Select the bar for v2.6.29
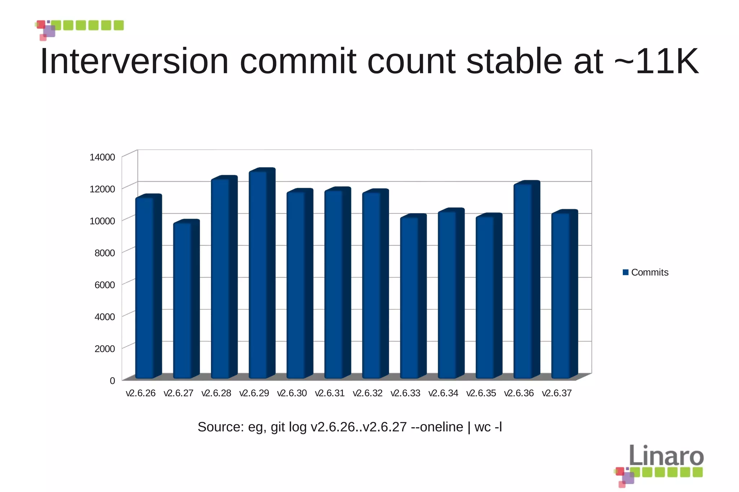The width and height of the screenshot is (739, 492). pos(258,274)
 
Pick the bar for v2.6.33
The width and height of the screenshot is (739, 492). pos(410,297)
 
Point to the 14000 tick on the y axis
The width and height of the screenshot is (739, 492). pos(102,157)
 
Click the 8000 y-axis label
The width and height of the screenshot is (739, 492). pos(105,253)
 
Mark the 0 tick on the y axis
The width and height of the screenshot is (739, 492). pos(112,381)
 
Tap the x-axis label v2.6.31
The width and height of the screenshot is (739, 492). pos(329,393)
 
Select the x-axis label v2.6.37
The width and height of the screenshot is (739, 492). pos(556,393)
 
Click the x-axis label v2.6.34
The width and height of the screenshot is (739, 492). pos(443,393)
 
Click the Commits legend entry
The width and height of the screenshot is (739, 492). pos(649,272)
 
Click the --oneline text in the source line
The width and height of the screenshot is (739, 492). pos(437,427)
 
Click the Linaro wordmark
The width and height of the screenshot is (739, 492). pos(666,456)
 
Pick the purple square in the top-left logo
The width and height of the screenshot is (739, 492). pos(49,31)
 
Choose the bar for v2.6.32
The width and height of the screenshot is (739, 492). pos(372,285)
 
